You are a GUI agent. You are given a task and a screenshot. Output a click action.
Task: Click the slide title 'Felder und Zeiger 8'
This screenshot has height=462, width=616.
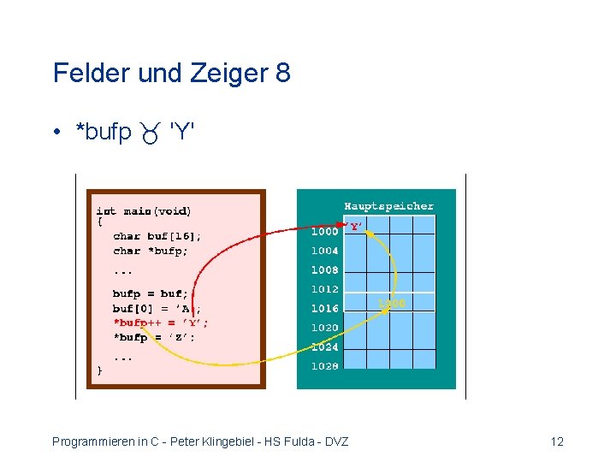(171, 73)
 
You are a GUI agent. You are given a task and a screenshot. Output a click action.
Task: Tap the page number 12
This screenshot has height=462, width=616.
(557, 441)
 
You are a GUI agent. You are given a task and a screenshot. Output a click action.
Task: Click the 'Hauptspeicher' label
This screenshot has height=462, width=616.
(388, 206)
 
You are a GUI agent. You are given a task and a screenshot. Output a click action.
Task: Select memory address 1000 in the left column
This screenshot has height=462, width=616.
(324, 231)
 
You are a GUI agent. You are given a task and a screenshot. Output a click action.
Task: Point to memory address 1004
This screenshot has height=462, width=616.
(324, 251)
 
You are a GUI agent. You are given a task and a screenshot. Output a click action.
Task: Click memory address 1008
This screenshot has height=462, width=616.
(324, 270)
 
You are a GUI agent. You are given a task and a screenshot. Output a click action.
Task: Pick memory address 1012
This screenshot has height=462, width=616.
(324, 289)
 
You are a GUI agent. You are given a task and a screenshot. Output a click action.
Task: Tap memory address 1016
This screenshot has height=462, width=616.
(324, 309)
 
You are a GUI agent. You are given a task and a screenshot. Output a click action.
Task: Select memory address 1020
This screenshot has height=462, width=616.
(324, 328)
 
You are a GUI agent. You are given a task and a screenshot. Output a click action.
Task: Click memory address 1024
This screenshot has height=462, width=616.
(324, 347)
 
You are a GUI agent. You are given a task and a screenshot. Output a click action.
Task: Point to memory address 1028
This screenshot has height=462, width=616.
(324, 366)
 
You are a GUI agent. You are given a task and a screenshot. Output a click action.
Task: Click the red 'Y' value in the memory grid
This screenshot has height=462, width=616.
(354, 227)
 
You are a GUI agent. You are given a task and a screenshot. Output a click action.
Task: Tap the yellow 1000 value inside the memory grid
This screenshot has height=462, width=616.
(391, 304)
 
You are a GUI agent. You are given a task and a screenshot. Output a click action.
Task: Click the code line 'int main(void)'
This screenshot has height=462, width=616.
(144, 210)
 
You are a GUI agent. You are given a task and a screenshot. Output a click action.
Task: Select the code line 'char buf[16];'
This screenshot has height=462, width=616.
(157, 236)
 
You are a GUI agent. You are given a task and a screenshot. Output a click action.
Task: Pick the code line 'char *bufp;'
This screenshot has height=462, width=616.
(151, 251)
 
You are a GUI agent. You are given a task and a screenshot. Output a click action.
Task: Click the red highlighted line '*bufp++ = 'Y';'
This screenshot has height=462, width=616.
(160, 323)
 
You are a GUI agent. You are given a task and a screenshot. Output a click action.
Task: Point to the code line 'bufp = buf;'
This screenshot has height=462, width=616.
(150, 293)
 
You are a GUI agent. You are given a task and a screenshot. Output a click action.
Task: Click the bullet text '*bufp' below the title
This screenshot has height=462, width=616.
(104, 133)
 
